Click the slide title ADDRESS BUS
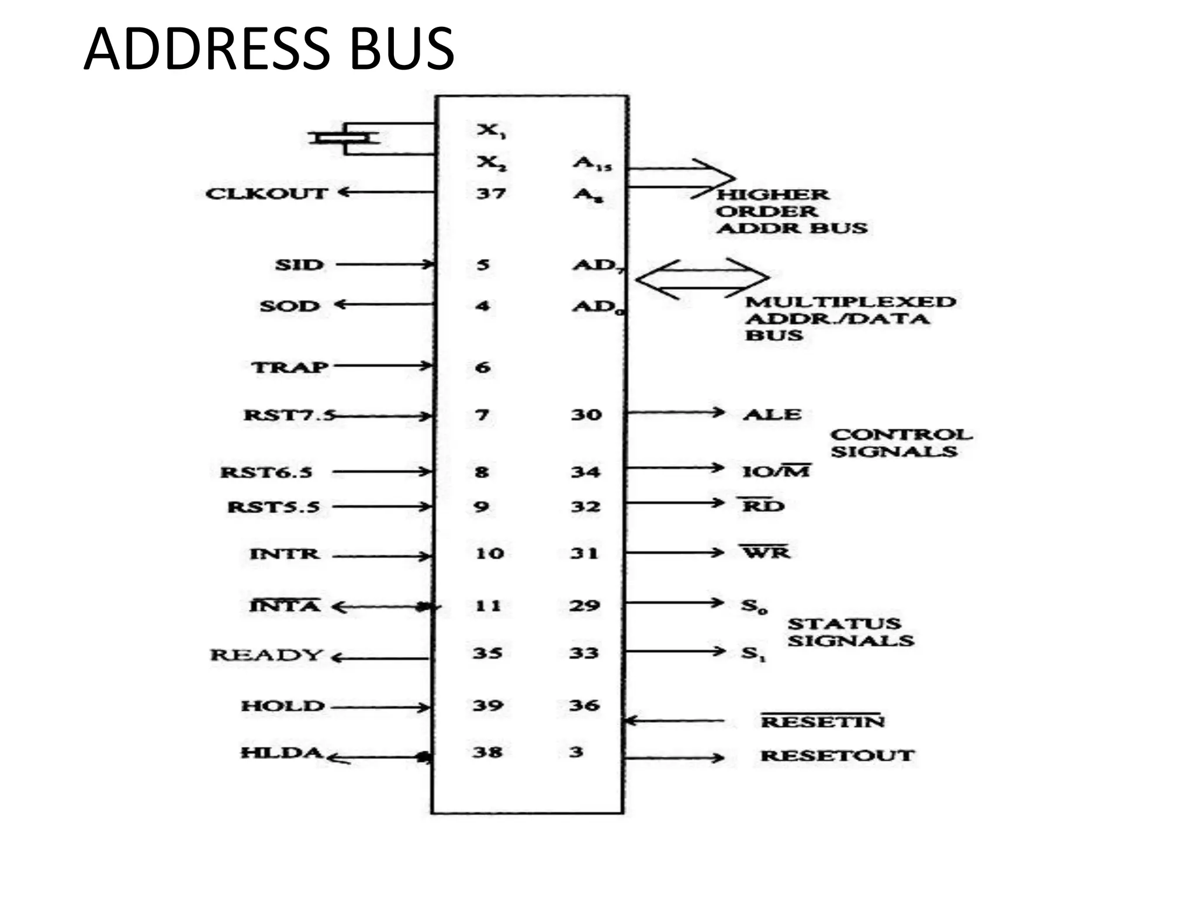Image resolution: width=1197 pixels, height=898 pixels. [269, 49]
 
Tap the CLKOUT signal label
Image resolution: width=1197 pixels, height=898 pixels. [266, 194]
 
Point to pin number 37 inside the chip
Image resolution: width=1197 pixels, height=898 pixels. [490, 193]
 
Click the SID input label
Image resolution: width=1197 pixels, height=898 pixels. [299, 265]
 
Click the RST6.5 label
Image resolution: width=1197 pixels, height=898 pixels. [267, 472]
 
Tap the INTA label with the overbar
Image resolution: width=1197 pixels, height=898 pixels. [285, 606]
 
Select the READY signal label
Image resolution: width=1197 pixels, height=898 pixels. [267, 655]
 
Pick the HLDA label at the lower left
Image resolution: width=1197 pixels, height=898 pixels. [282, 752]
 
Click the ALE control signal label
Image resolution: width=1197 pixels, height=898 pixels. [772, 415]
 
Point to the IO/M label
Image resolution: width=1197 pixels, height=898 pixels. [776, 471]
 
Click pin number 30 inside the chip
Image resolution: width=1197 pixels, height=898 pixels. [586, 415]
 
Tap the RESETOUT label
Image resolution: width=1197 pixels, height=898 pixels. [837, 755]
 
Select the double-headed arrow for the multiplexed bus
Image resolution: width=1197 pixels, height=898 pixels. [702, 278]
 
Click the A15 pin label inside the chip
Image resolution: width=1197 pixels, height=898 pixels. [591, 163]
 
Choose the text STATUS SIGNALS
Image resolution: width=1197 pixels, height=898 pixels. [850, 632]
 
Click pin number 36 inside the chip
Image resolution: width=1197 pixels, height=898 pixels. [584, 705]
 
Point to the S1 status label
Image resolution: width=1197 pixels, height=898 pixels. [753, 652]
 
